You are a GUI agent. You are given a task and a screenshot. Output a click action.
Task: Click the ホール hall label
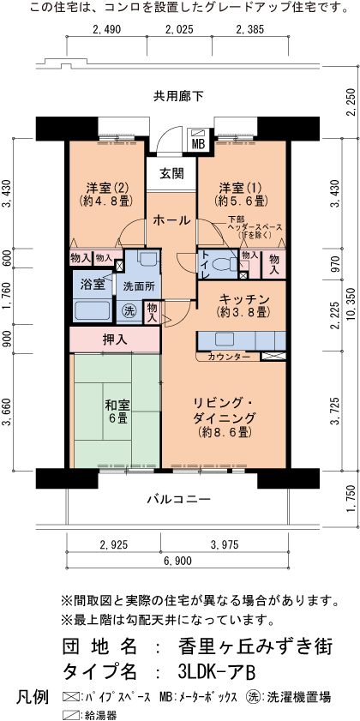(172, 220)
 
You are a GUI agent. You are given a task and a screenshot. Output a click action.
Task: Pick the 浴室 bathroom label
(93, 284)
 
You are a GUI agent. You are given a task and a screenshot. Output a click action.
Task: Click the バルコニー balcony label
(177, 497)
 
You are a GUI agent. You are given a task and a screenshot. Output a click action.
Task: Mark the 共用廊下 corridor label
(178, 95)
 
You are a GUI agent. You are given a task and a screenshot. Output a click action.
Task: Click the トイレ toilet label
(205, 265)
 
